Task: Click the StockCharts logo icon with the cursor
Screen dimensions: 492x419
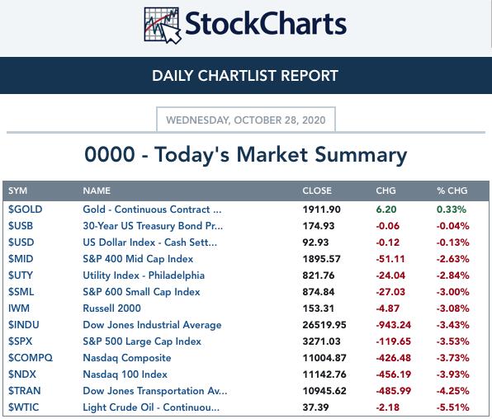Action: (x=163, y=26)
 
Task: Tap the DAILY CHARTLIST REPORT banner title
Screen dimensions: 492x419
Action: (x=245, y=76)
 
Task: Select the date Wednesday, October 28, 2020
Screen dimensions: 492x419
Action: (x=246, y=120)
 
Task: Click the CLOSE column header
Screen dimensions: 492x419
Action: (x=317, y=191)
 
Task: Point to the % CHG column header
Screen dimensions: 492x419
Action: (x=452, y=191)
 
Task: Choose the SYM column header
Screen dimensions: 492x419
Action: (x=17, y=191)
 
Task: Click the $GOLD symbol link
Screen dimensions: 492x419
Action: (x=25, y=209)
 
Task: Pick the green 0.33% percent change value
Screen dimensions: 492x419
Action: (x=452, y=209)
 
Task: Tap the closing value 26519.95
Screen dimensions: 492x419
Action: (x=324, y=325)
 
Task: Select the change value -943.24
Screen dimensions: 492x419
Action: (x=394, y=325)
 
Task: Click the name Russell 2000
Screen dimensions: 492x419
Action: (x=111, y=308)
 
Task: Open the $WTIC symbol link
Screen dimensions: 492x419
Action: (x=24, y=407)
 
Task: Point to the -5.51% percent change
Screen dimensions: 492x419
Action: (x=452, y=407)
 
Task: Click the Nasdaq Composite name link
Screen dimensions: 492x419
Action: (x=127, y=358)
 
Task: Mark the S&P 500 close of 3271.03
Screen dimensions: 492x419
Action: (x=321, y=341)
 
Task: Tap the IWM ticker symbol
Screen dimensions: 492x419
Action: (x=19, y=308)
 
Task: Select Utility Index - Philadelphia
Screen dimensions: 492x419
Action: (x=144, y=275)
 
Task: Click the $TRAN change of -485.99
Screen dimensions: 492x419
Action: (x=394, y=391)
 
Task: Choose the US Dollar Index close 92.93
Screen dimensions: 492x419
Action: (x=315, y=242)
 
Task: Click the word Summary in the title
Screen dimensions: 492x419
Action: (x=361, y=156)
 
